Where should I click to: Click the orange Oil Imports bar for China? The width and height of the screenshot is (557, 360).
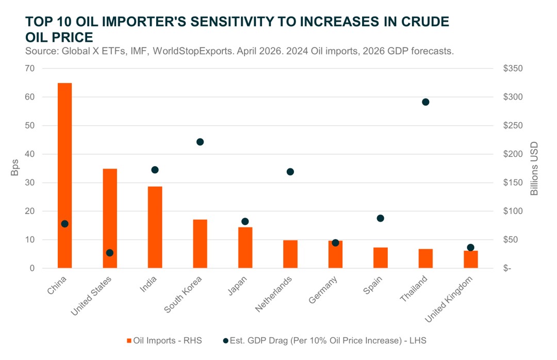(x=64, y=175)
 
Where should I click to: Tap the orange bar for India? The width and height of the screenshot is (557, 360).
(x=155, y=227)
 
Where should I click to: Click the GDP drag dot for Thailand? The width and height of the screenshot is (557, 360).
(x=425, y=102)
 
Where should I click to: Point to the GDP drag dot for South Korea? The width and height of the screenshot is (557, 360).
(x=200, y=142)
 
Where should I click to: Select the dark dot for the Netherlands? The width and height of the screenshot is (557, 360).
(x=290, y=172)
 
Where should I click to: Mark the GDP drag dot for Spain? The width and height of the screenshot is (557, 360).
(x=381, y=218)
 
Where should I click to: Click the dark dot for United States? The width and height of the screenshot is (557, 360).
(x=110, y=253)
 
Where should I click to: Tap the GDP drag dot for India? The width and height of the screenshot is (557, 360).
(x=155, y=170)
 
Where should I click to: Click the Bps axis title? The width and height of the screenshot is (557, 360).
(x=15, y=168)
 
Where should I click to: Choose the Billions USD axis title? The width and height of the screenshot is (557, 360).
(x=534, y=168)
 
